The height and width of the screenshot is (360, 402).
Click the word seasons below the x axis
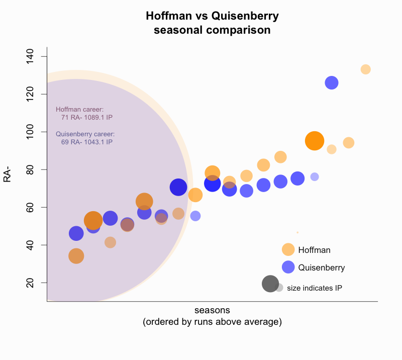point(212,310)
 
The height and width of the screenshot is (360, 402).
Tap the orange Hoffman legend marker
point(288,249)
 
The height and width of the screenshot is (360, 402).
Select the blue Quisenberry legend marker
point(288,267)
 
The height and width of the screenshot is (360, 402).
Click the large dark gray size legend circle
point(270,284)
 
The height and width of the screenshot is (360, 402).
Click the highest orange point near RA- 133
point(365,69)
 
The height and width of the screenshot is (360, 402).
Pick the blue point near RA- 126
point(332,83)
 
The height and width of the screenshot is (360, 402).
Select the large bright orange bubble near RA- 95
point(315,141)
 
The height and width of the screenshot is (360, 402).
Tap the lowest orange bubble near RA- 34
point(76,256)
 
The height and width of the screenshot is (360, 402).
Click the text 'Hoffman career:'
point(79,109)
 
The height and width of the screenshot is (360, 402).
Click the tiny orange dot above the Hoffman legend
point(297,232)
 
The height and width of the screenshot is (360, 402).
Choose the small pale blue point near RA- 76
point(315,176)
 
